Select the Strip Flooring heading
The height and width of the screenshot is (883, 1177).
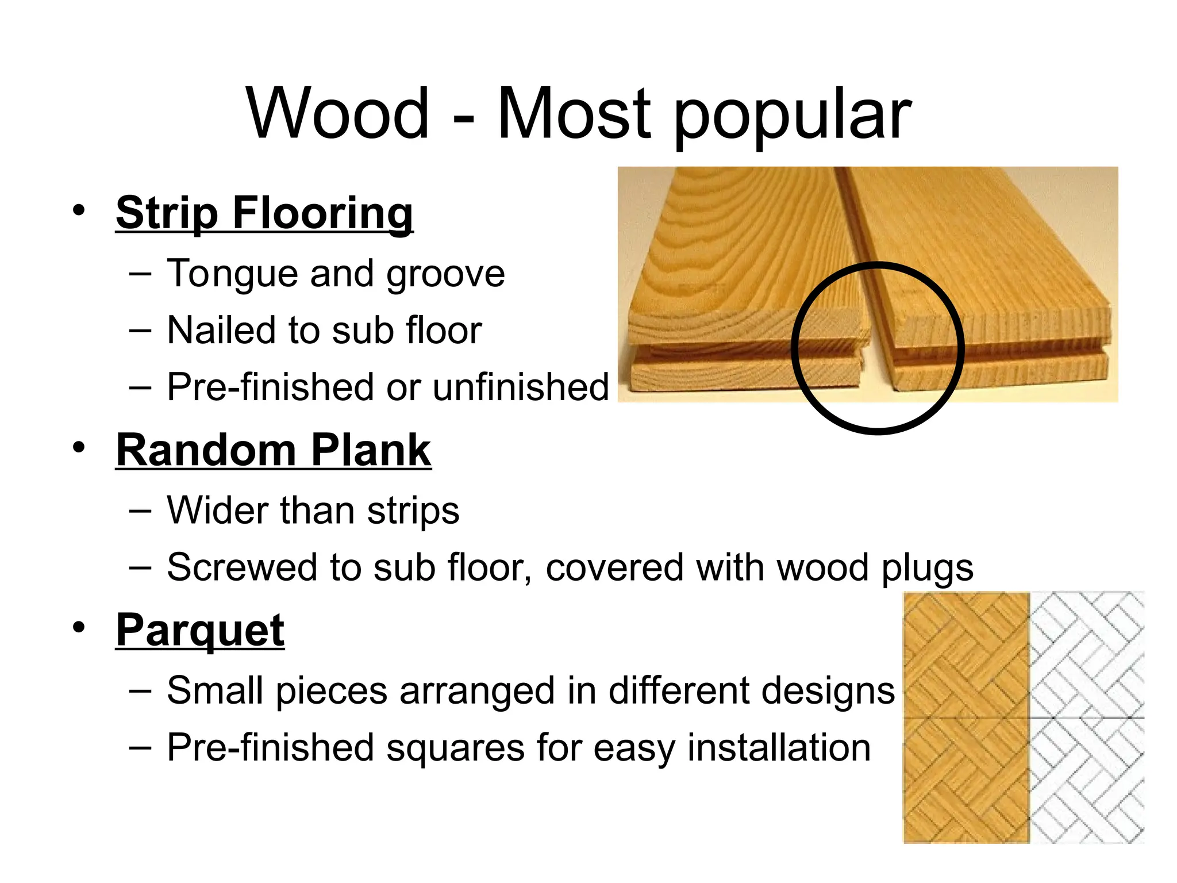point(264,213)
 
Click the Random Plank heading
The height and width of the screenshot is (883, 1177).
point(274,451)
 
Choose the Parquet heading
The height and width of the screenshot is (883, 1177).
point(200,631)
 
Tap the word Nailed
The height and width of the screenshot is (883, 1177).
point(222,331)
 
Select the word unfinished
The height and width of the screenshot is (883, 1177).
point(521,387)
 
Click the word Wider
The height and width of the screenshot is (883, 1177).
point(217,510)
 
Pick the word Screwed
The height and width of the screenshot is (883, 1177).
point(242,568)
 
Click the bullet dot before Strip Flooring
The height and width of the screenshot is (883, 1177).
point(79,209)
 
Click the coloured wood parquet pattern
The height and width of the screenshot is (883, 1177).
point(966,717)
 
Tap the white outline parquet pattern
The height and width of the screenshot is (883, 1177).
point(1087,717)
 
